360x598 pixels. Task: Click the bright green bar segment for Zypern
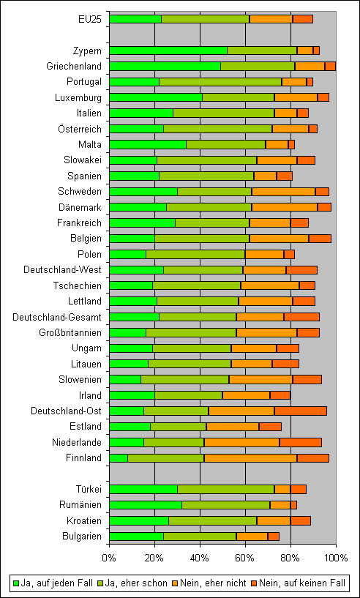168,51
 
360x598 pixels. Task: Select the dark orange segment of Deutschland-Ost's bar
301,411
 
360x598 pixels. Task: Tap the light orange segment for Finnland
251,457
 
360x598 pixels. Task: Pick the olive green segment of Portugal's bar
220,82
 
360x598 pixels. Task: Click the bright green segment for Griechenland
165,66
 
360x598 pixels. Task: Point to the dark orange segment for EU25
303,19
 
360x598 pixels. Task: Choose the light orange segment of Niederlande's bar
242,442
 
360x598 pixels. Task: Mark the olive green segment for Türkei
226,489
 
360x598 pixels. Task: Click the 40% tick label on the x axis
200,558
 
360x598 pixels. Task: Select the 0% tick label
109,558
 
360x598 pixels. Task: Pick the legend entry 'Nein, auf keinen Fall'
299,583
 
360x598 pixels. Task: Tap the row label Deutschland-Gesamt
57,317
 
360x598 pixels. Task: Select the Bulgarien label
82,536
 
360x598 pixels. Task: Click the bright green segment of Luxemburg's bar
156,97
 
